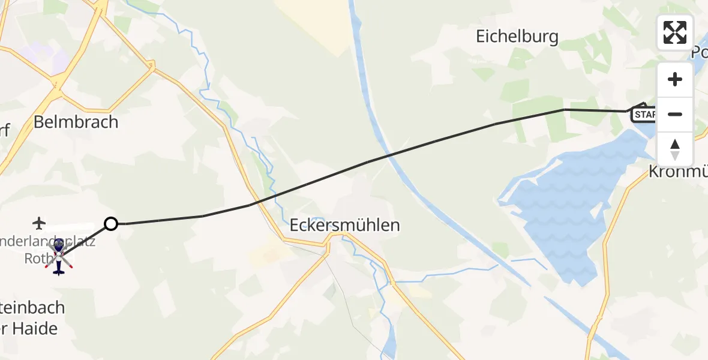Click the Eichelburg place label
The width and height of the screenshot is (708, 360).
click(x=517, y=37)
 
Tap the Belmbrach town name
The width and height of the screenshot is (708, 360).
click(x=76, y=122)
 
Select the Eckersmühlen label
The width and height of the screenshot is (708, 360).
click(x=344, y=226)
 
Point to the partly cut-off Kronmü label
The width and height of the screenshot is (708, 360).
click(x=678, y=172)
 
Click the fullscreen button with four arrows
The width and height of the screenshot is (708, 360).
click(x=674, y=32)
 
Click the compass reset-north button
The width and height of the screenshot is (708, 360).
click(x=674, y=149)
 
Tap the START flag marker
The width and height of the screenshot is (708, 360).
click(x=643, y=114)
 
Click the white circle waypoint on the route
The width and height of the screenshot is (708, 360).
click(x=111, y=224)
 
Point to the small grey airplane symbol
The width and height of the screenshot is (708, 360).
click(x=40, y=224)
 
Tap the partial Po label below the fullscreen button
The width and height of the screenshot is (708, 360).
click(x=699, y=53)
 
